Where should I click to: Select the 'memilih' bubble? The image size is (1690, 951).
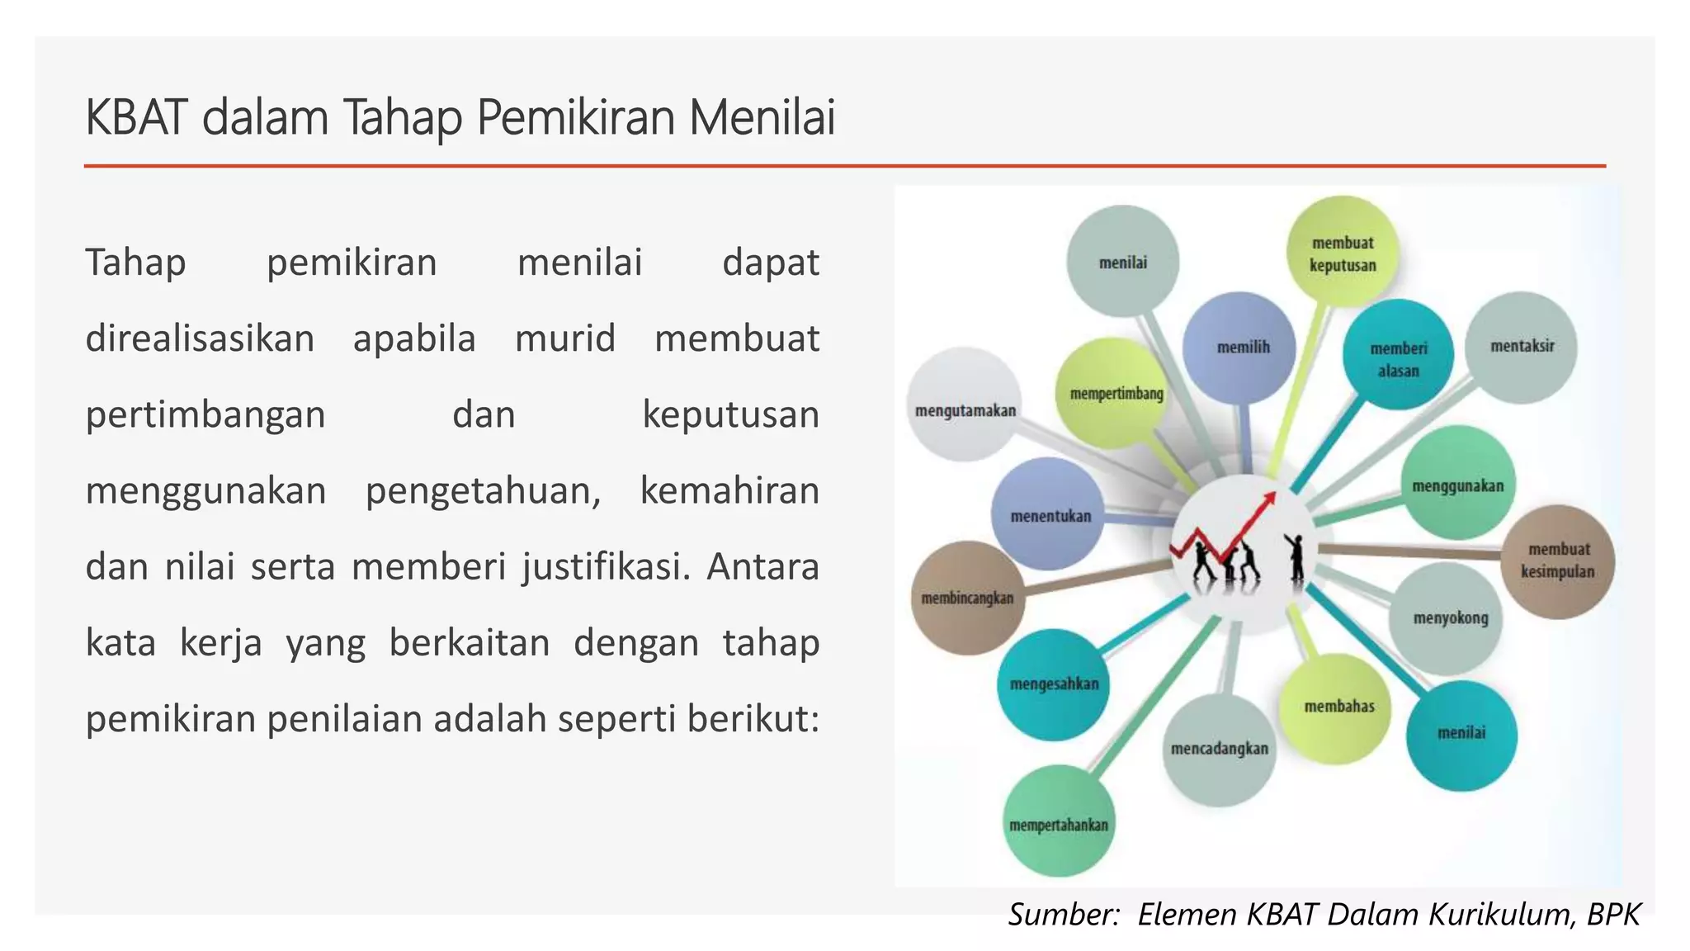pos(1239,348)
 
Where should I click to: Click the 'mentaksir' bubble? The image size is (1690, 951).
pos(1521,347)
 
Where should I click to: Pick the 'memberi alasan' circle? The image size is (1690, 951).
pos(1398,357)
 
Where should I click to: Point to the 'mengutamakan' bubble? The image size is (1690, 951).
pos(965,406)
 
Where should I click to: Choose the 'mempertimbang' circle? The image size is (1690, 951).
pos(1115,394)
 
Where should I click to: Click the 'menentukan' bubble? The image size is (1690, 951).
pos(1049,515)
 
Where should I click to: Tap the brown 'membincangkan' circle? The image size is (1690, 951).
pos(967,599)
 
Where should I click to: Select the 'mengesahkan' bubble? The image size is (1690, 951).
pos(1054,684)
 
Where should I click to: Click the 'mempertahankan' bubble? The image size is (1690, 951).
pos(1059,822)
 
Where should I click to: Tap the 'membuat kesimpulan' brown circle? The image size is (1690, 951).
pos(1557,561)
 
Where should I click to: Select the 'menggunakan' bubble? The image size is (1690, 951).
pos(1458,485)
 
